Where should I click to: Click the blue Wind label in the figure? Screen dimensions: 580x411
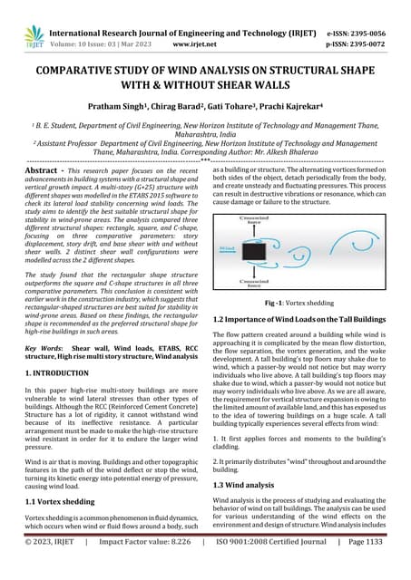coord(233,222)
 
